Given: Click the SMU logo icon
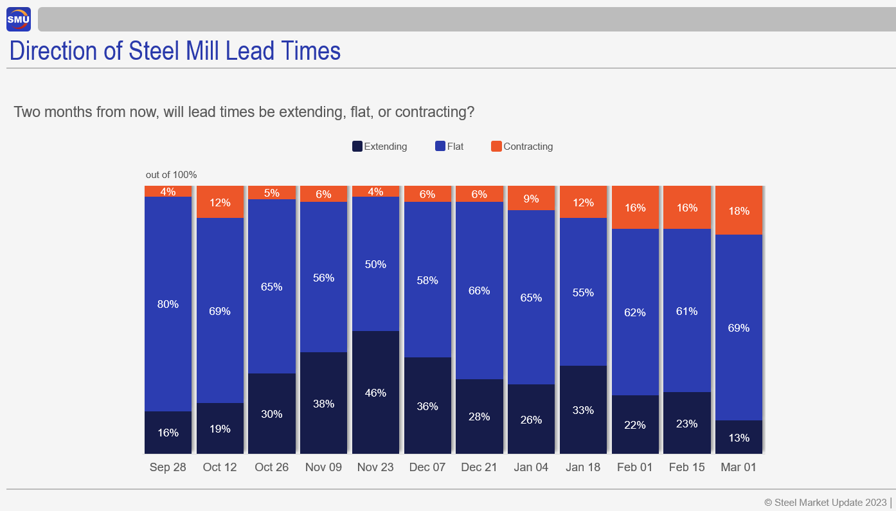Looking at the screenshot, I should (19, 19).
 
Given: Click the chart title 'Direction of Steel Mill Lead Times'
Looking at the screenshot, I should (175, 51).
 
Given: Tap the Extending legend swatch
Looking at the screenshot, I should (357, 147).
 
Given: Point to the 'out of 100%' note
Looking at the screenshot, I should (171, 175).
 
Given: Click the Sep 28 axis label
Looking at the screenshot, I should (168, 467).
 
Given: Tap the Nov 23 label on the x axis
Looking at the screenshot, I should (375, 467).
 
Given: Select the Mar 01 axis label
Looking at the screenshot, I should (739, 467).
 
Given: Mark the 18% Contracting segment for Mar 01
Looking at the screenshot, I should (739, 211).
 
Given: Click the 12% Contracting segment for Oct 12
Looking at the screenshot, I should (220, 202).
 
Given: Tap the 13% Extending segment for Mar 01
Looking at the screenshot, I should (739, 438).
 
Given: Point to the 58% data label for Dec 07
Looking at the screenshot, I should (427, 280).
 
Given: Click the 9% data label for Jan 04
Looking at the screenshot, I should (531, 199).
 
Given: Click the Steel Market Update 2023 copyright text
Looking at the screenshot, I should (825, 502).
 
